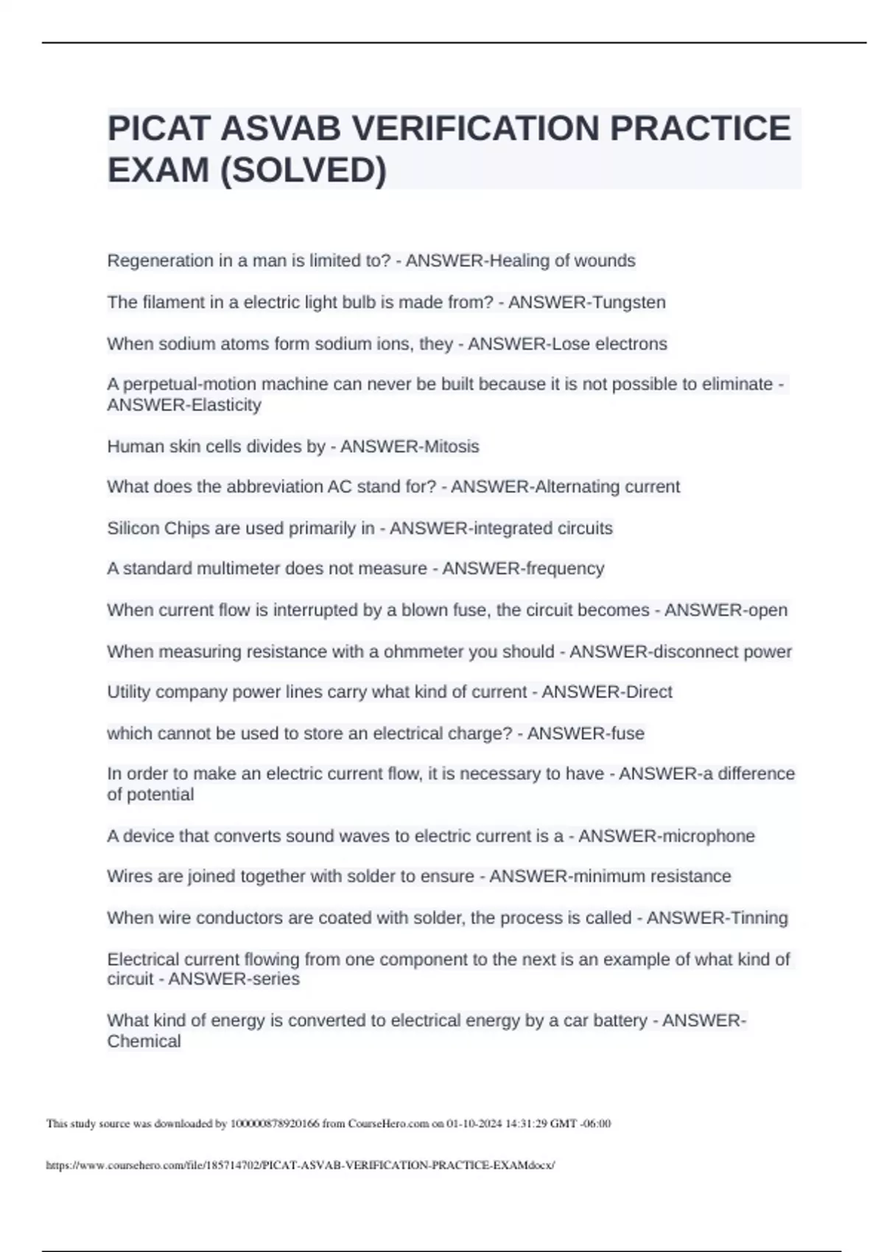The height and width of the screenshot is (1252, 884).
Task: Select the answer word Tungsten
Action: click(626, 303)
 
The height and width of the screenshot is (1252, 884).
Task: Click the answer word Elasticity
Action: click(223, 405)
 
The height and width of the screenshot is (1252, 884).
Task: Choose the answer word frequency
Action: click(564, 569)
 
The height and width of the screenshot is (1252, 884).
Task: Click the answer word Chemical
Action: click(144, 1041)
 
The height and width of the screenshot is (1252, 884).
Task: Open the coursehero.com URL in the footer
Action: click(300, 1165)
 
